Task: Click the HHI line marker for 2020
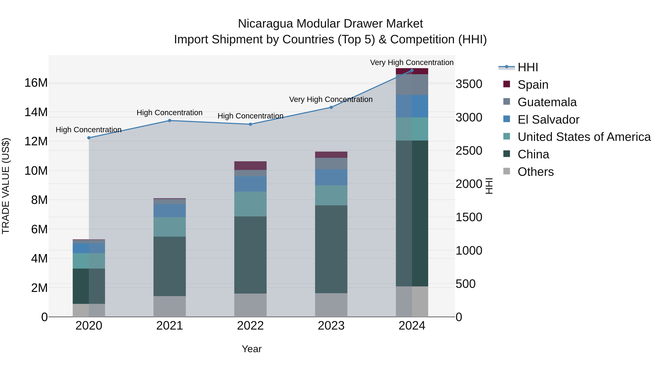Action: coord(89,138)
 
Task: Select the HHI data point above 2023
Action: coord(331,107)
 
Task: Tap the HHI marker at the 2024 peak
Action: coord(412,70)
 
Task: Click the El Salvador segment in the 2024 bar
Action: coord(412,106)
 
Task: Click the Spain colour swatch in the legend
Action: coord(507,84)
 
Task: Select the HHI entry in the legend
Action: coord(528,67)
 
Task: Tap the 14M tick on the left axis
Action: coord(36,112)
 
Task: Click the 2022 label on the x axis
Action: coord(250,326)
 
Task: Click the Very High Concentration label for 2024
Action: coord(412,62)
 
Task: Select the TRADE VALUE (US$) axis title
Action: coord(6,186)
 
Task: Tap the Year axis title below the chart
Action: coord(252,349)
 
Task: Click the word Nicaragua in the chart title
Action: coord(265,24)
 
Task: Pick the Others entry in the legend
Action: coord(536,172)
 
